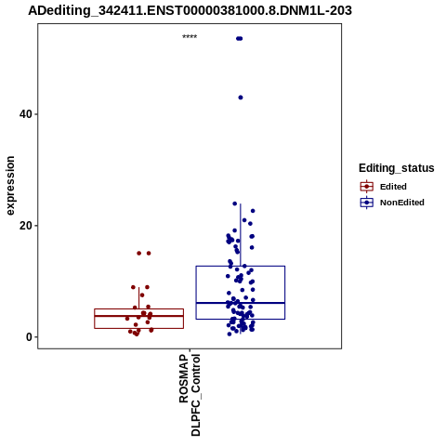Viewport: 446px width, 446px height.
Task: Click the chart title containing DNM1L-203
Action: [x=190, y=10]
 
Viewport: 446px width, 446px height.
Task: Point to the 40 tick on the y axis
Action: [x=36, y=114]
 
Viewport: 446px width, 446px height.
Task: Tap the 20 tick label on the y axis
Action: [x=26, y=226]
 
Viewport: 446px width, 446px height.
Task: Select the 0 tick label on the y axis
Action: [x=29, y=336]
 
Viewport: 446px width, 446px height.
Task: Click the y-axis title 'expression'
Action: [x=10, y=186]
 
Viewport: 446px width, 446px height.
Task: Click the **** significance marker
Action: [x=190, y=37]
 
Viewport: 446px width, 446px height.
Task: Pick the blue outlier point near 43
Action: [x=241, y=98]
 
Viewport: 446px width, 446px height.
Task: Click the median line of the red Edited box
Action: [x=138, y=316]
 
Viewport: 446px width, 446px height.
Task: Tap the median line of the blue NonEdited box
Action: [x=241, y=303]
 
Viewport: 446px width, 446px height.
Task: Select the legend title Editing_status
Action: [x=397, y=168]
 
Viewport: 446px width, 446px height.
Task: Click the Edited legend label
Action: [x=393, y=187]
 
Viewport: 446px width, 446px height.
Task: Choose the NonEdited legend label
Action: [x=402, y=203]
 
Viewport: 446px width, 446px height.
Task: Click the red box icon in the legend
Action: [x=367, y=187]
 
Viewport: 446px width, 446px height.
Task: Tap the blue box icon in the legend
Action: [x=367, y=203]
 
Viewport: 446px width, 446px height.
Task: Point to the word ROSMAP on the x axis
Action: [x=184, y=378]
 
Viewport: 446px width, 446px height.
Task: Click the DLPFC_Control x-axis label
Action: [x=196, y=395]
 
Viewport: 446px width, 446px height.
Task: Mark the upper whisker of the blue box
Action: [x=241, y=235]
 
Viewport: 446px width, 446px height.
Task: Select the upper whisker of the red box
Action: [x=138, y=298]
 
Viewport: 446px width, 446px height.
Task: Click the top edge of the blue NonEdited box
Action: [x=241, y=266]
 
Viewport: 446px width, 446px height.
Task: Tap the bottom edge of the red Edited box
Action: [x=138, y=328]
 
